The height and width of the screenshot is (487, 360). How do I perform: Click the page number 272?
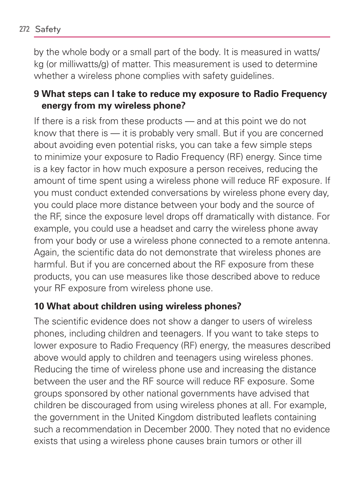[24, 29]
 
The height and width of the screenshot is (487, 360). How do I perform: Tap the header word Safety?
[48, 29]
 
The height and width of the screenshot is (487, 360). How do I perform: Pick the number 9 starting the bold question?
[36, 94]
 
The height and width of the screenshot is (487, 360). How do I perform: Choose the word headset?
[156, 229]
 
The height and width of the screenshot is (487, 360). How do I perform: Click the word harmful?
[50, 264]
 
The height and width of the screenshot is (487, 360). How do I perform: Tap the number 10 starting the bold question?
[39, 306]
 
